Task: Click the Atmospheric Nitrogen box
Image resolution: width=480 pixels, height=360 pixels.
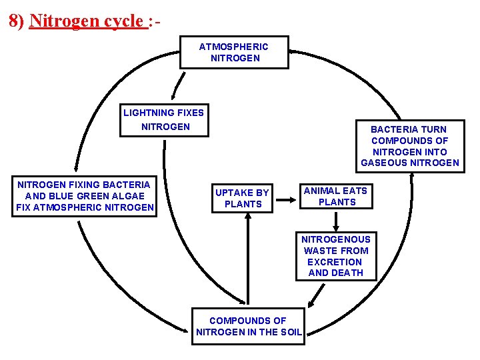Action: (x=234, y=52)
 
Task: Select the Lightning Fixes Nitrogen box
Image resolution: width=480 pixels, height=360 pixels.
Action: (x=164, y=120)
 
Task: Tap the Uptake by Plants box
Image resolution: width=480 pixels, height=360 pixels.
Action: (x=242, y=198)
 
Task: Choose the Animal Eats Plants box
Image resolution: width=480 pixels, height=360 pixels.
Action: (x=335, y=196)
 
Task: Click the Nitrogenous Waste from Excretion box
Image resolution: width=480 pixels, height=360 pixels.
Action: (x=336, y=256)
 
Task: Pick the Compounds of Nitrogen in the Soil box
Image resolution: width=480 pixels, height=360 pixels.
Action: (x=248, y=326)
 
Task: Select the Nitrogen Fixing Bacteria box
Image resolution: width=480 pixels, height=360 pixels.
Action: (x=85, y=196)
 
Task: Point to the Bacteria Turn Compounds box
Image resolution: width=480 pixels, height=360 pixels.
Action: (x=410, y=145)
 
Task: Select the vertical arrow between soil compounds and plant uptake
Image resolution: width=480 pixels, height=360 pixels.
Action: (x=248, y=260)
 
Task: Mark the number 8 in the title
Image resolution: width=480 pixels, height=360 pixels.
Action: (x=14, y=21)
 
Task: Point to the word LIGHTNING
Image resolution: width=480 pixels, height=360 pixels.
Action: (x=147, y=113)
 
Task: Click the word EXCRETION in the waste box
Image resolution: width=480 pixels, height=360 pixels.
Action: (x=335, y=262)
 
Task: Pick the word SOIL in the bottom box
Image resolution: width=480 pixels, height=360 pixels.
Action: (x=290, y=332)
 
